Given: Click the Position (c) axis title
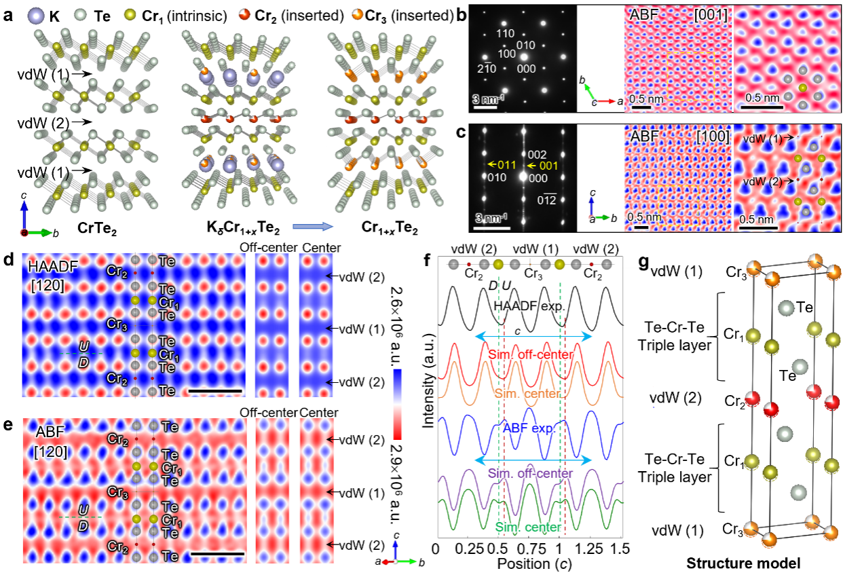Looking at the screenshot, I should pyautogui.click(x=529, y=563).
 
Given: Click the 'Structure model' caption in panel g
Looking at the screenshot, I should pyautogui.click(x=743, y=563).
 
